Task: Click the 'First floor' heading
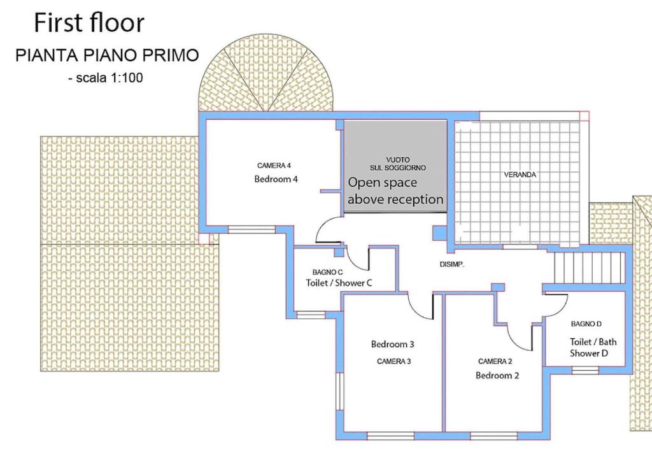pyautogui.click(x=89, y=22)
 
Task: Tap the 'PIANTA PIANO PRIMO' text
pyautogui.click(x=107, y=55)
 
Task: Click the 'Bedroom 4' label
pyautogui.click(x=276, y=179)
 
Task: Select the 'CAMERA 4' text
pyautogui.click(x=274, y=166)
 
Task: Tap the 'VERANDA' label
pyautogui.click(x=520, y=175)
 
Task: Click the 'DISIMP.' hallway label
pyautogui.click(x=452, y=264)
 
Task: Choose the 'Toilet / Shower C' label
pyautogui.click(x=339, y=283)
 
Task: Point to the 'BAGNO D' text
pyautogui.click(x=586, y=324)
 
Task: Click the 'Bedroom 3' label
pyautogui.click(x=392, y=344)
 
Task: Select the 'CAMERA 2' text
pyautogui.click(x=495, y=361)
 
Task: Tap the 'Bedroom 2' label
pyautogui.click(x=497, y=375)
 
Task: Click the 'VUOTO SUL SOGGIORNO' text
pyautogui.click(x=398, y=164)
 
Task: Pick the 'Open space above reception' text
pyautogui.click(x=395, y=191)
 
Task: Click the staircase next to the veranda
pyautogui.click(x=589, y=268)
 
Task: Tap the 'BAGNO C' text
pyautogui.click(x=328, y=272)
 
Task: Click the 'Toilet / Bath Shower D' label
pyautogui.click(x=593, y=347)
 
